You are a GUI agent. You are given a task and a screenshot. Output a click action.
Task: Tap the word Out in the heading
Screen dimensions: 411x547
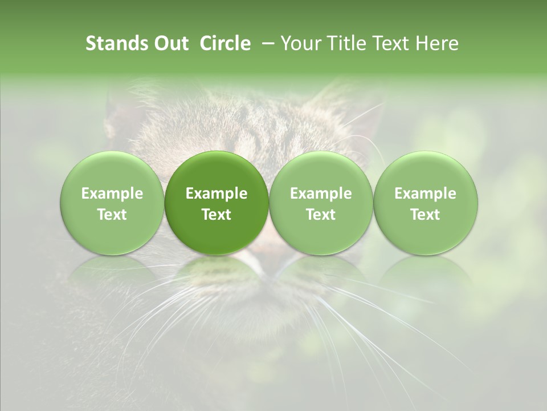pyautogui.click(x=170, y=43)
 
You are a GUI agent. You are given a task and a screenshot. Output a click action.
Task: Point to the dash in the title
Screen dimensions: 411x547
pyautogui.click(x=266, y=43)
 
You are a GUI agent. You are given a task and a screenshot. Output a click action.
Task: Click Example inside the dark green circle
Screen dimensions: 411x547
pyautogui.click(x=217, y=194)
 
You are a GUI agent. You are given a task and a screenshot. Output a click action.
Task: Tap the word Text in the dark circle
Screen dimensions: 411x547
pyautogui.click(x=217, y=215)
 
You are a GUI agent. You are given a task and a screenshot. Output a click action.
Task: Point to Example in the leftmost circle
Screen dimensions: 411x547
pyautogui.click(x=112, y=194)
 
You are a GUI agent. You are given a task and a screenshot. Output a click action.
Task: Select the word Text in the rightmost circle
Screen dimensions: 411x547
pyautogui.click(x=425, y=215)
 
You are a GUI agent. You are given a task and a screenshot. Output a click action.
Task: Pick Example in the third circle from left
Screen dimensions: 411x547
pyautogui.click(x=321, y=194)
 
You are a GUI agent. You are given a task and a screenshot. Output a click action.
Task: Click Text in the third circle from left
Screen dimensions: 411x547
pyautogui.click(x=321, y=215)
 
